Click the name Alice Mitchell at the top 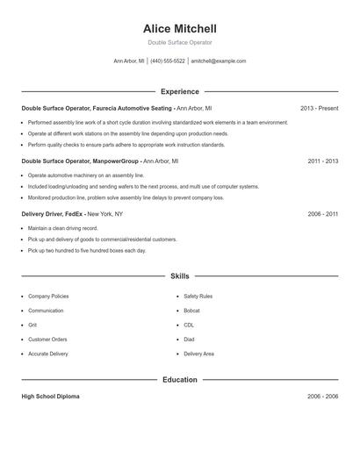pyautogui.click(x=179, y=28)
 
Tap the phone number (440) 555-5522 pyautogui.click(x=168, y=61)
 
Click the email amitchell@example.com pyautogui.click(x=219, y=61)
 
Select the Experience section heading pyautogui.click(x=180, y=91)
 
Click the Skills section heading pyautogui.click(x=180, y=275)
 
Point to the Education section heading pyautogui.click(x=180, y=380)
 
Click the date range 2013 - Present pyautogui.click(x=319, y=109)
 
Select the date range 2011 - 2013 pyautogui.click(x=322, y=161)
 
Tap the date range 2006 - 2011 pyautogui.click(x=322, y=214)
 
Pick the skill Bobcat pyautogui.click(x=192, y=311)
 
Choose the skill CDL pyautogui.click(x=189, y=325)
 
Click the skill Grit pyautogui.click(x=32, y=325)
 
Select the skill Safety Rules pyautogui.click(x=198, y=297)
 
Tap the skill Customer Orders pyautogui.click(x=47, y=339)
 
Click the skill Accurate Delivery pyautogui.click(x=47, y=354)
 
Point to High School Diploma pyautogui.click(x=50, y=397)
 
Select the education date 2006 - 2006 pyautogui.click(x=322, y=397)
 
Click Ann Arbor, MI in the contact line pyautogui.click(x=129, y=61)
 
